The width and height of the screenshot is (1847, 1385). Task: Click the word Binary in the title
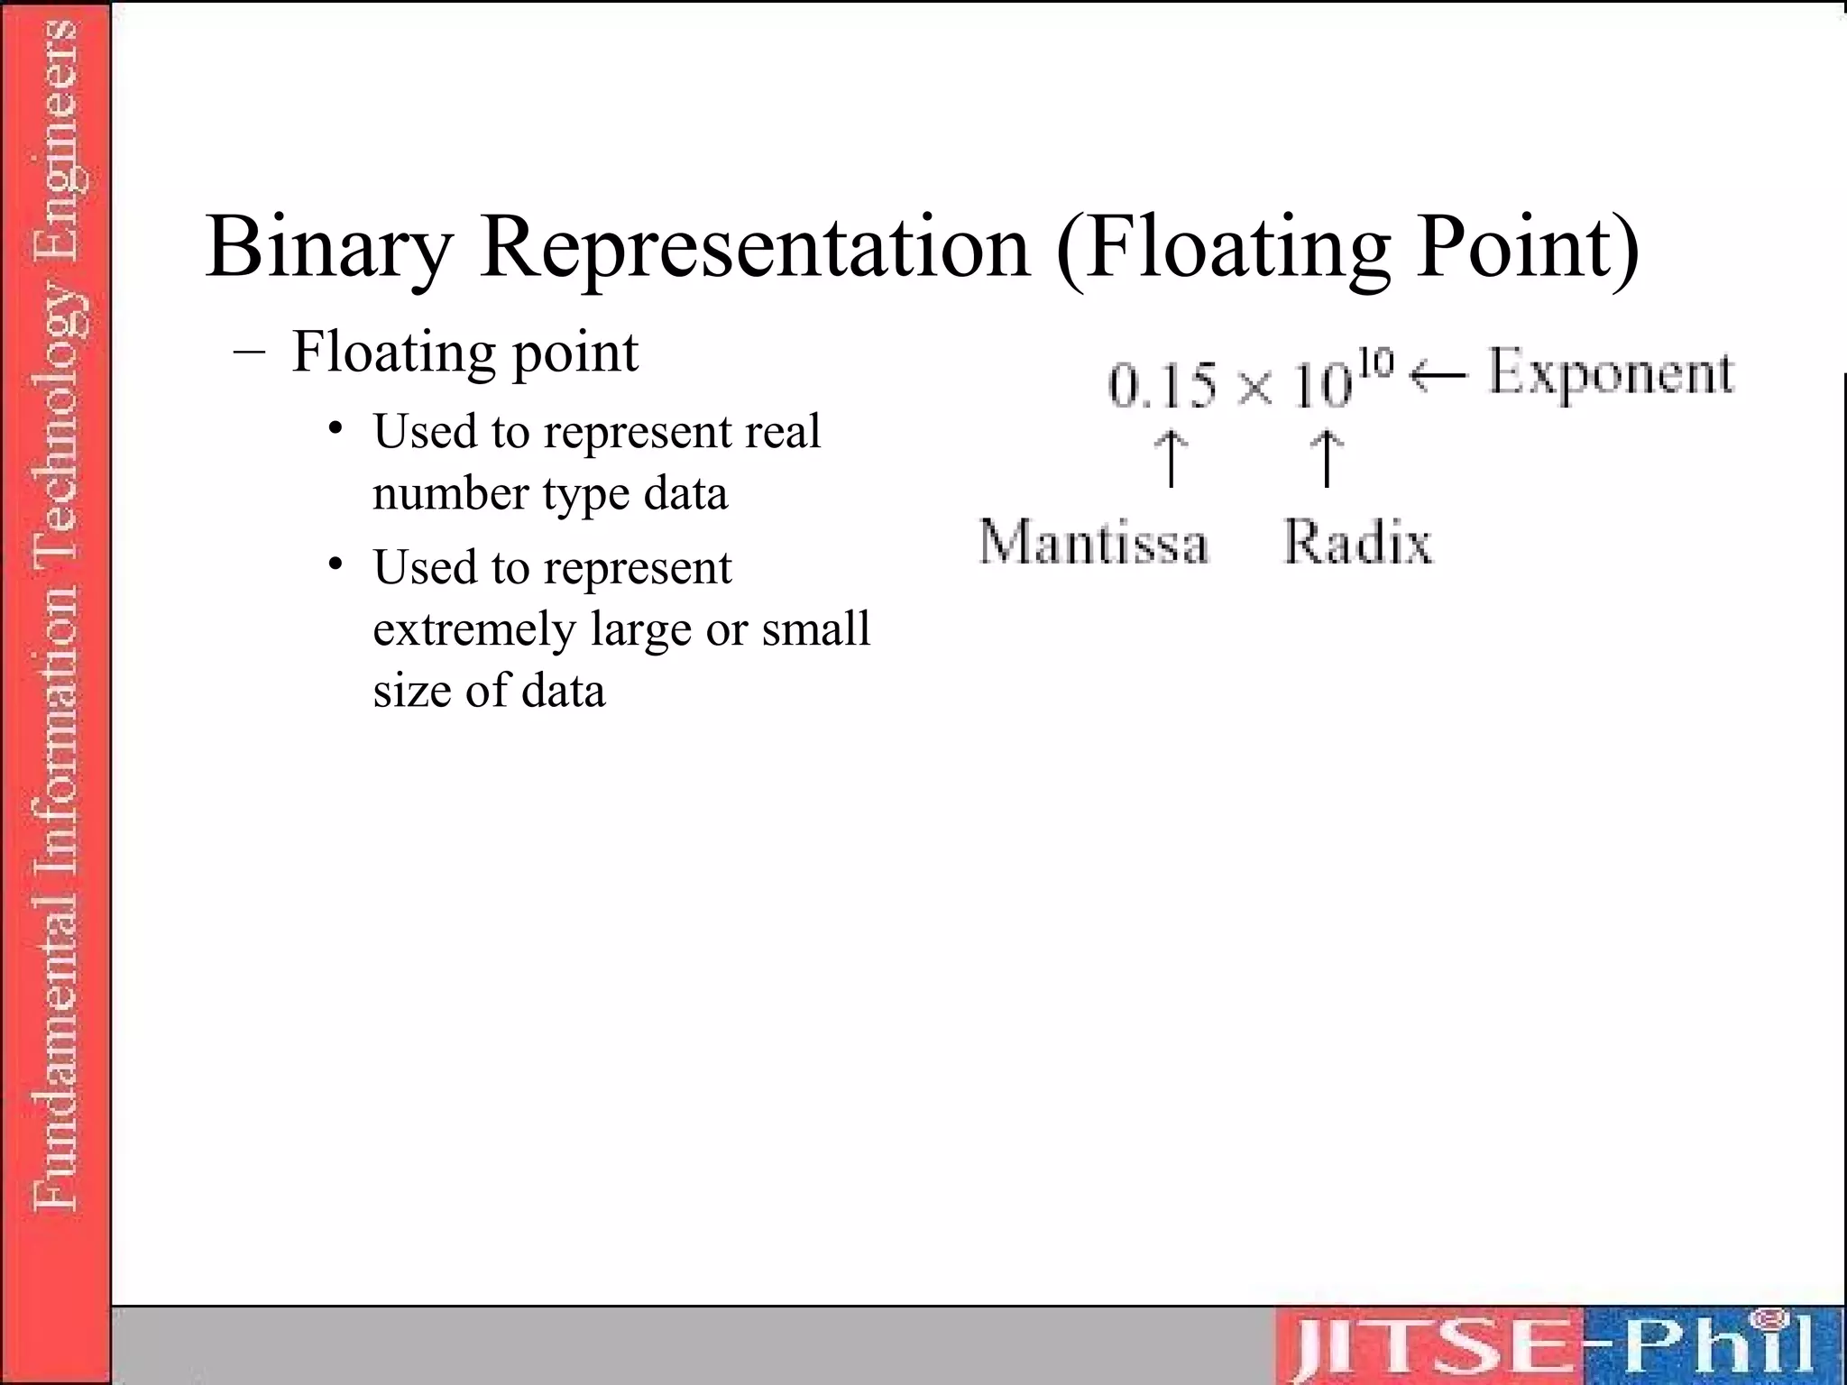[328, 247]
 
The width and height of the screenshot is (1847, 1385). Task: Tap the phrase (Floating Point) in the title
[1347, 247]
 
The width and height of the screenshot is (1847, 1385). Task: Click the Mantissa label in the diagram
[1093, 543]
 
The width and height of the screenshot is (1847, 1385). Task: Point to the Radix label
[1357, 543]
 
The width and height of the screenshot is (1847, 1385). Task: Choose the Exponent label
[1610, 373]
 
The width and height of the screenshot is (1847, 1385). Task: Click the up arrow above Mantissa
[1171, 458]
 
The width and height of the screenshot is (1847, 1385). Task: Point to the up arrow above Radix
[1326, 458]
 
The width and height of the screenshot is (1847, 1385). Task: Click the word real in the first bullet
[783, 431]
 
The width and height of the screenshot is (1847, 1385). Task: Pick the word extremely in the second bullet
[473, 629]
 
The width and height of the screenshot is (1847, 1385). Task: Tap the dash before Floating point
[249, 353]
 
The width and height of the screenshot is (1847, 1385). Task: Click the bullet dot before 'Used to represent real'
[336, 428]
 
